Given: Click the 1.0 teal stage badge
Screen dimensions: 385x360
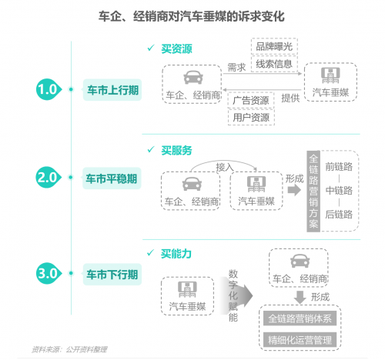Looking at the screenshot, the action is point(49,89).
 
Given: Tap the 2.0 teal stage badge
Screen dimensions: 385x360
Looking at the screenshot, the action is point(48,177).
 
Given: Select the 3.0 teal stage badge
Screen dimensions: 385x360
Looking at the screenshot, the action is point(49,273).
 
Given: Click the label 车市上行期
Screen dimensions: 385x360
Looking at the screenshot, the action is point(112,90).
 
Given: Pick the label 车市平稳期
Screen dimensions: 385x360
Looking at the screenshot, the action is point(112,178).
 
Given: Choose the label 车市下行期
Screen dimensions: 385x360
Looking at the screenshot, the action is point(112,275).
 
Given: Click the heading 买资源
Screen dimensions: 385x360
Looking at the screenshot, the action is point(176,48).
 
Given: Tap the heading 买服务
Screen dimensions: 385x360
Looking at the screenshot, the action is point(176,150).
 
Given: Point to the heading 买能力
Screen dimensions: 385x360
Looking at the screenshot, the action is point(176,254).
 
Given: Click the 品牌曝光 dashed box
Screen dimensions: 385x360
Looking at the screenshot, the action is point(274,46).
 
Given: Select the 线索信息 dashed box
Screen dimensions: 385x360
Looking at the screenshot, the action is point(274,64).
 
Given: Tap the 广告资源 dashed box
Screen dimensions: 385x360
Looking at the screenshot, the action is point(251,100).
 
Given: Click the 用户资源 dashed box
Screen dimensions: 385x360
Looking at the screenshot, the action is point(251,118).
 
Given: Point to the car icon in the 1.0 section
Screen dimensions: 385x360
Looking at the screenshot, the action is point(193,77).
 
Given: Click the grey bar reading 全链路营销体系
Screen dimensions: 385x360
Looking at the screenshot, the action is point(300,318).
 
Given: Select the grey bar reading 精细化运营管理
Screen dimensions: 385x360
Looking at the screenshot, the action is point(300,340).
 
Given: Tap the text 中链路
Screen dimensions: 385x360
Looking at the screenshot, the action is point(339,191).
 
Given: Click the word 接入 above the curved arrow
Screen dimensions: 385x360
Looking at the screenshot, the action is point(225,167).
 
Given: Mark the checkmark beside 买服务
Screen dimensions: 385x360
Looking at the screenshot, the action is point(151,149).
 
